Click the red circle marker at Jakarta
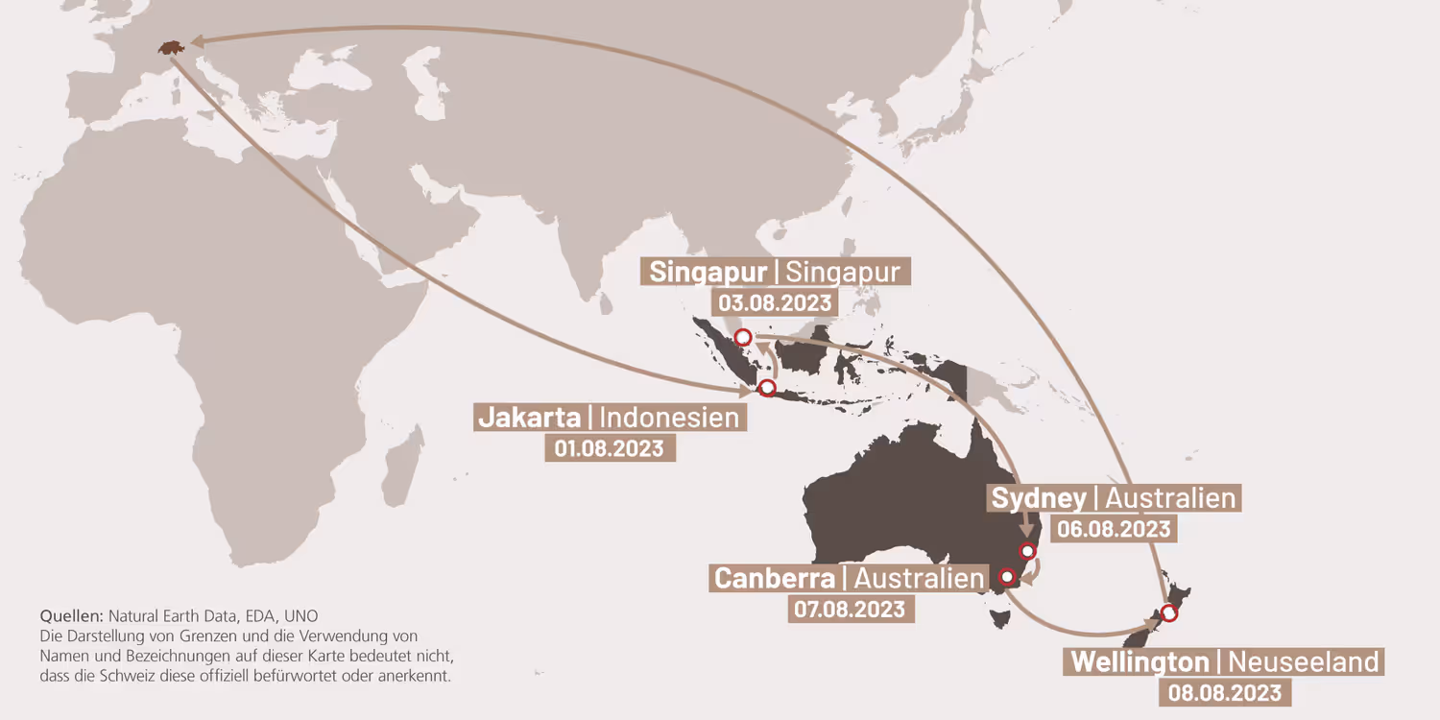click(766, 389)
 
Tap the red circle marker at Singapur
click(742, 337)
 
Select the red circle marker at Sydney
click(1028, 551)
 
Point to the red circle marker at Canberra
click(1007, 577)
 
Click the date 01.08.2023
click(609, 448)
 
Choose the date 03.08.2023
click(775, 303)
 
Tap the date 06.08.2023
click(1113, 529)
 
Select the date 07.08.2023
click(849, 609)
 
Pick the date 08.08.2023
click(1224, 692)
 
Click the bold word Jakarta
click(529, 418)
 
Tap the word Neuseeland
click(1303, 661)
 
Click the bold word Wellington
click(1140, 661)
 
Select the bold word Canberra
click(775, 578)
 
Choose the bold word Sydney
click(1039, 498)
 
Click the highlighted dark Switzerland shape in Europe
click(171, 47)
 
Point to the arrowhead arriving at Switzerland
click(195, 41)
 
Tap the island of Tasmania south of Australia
click(1000, 616)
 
